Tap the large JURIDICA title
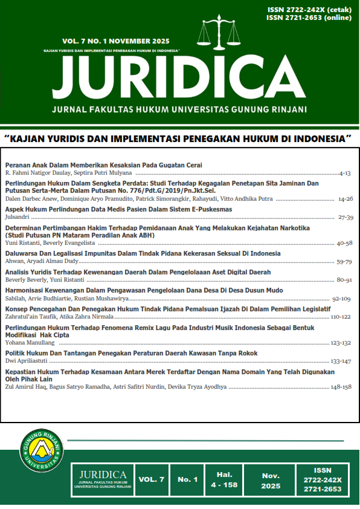pyautogui.click(x=179, y=77)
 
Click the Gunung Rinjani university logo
pyautogui.click(x=42, y=451)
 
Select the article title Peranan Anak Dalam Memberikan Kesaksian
pyautogui.click(x=103, y=165)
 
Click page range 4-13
pyautogui.click(x=344, y=173)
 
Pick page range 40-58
pyautogui.click(x=344, y=242)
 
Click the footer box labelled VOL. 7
pyautogui.click(x=151, y=479)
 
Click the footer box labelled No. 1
pyautogui.click(x=187, y=479)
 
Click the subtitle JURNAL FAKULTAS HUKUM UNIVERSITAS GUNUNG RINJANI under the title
pyautogui.click(x=179, y=109)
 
